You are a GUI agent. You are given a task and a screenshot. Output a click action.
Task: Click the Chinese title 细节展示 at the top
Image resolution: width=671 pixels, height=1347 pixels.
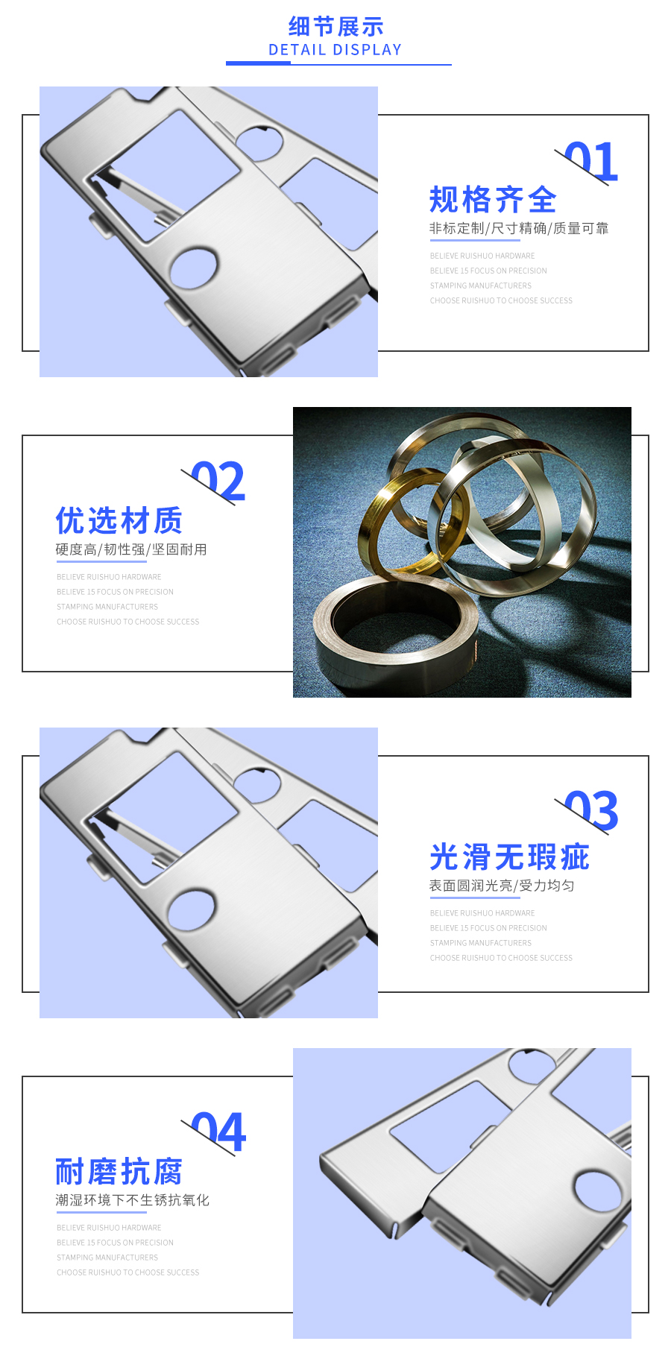click(335, 27)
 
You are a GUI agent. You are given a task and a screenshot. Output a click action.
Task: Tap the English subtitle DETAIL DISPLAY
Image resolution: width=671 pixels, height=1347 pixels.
click(335, 50)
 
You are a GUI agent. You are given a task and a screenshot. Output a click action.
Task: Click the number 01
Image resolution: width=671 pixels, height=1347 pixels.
click(591, 162)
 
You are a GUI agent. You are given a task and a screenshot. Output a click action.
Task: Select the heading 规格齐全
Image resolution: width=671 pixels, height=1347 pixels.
click(493, 200)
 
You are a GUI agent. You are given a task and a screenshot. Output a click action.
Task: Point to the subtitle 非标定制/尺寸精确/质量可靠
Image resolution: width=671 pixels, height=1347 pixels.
click(518, 228)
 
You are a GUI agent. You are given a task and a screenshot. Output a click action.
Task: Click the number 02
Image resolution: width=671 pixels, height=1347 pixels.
click(218, 482)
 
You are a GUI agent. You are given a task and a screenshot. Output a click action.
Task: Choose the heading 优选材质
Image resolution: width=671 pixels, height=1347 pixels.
click(119, 520)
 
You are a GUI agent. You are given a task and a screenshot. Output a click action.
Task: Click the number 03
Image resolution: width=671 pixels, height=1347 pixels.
click(591, 811)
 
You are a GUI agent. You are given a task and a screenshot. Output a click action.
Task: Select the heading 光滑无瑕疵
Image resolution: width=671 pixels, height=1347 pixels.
click(509, 857)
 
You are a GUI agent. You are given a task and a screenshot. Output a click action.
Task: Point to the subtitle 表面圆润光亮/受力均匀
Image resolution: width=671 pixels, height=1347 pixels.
click(501, 886)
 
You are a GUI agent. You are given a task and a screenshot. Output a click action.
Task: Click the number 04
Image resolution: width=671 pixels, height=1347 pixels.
click(218, 1132)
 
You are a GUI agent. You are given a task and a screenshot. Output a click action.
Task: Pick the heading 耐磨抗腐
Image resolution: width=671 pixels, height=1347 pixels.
click(119, 1172)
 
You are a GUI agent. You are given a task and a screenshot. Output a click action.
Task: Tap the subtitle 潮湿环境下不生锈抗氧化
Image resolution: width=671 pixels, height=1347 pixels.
click(132, 1200)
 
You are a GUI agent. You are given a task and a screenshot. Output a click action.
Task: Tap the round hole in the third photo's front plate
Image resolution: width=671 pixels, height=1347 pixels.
click(192, 910)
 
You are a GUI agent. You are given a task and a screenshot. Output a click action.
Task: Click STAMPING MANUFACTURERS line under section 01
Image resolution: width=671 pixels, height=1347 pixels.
click(480, 286)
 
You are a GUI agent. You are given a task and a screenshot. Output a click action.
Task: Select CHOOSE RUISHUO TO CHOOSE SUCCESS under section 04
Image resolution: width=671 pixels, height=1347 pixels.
click(127, 1272)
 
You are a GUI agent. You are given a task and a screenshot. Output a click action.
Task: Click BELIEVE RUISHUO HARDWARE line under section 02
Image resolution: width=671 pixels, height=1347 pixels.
click(109, 577)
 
